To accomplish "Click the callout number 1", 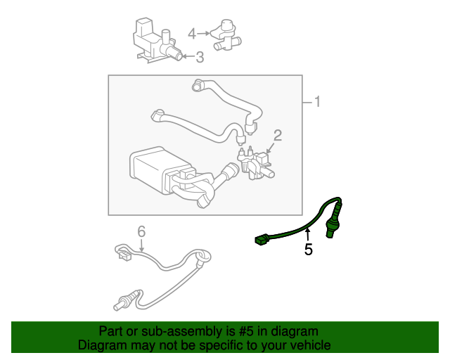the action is pos(317,102).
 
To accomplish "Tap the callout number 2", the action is pos(278,135).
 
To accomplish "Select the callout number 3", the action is pos(200,57).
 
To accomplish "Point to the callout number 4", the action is pos(192,34).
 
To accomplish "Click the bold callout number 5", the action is pos(308,249).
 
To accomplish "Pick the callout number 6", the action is pos(141,231).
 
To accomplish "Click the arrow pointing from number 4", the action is pos(203,34).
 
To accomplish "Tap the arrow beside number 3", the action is pos(188,56).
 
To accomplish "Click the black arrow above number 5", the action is pos(307,234).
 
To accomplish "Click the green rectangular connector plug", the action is pos(261,240).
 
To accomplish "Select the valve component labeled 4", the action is pos(226,36).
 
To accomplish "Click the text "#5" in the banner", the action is pos(246,331).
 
